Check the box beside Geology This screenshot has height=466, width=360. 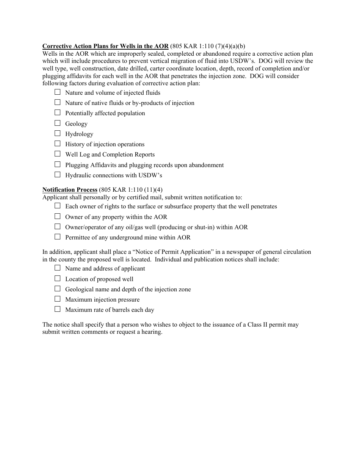[x=58, y=123]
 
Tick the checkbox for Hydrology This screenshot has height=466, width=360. [x=58, y=133]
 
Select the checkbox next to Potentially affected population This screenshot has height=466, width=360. [x=58, y=113]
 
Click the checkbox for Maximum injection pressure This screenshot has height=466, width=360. [x=58, y=299]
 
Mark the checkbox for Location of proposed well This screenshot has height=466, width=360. [x=58, y=278]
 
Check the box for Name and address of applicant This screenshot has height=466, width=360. [x=58, y=268]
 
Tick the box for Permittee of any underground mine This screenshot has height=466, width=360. [x=58, y=237]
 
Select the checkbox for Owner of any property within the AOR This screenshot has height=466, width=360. [x=58, y=216]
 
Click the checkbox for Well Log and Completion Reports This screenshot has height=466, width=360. [x=58, y=154]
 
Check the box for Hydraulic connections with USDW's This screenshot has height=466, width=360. [x=58, y=175]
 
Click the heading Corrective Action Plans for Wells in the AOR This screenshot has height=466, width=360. [x=105, y=47]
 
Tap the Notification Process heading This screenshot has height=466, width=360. [x=70, y=189]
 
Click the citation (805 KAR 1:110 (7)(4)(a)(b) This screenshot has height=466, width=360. [x=208, y=47]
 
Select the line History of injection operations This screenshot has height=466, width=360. [x=105, y=144]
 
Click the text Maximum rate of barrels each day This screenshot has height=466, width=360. [x=110, y=310]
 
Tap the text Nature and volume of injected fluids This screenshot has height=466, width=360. [x=113, y=93]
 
